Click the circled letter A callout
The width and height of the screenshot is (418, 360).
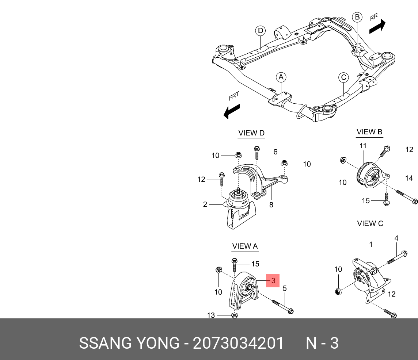281,77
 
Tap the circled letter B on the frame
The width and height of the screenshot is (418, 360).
357,17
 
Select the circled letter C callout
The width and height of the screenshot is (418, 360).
343,77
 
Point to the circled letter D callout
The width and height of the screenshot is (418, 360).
260,31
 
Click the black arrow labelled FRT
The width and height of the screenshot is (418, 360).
232,111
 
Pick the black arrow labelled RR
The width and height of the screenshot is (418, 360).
377,26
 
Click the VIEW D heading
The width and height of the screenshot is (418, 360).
251,133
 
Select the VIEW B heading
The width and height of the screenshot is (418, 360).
369,132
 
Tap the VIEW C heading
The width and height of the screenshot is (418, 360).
370,224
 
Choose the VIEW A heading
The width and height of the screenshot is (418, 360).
245,246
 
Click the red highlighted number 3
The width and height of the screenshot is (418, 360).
273,280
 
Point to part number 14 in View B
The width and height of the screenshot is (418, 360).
409,178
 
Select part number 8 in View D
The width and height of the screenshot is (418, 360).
271,205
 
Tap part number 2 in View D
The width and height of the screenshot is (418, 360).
205,204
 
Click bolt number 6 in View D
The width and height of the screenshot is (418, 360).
275,152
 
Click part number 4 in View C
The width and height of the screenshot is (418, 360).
396,238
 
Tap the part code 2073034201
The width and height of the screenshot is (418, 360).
238,344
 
